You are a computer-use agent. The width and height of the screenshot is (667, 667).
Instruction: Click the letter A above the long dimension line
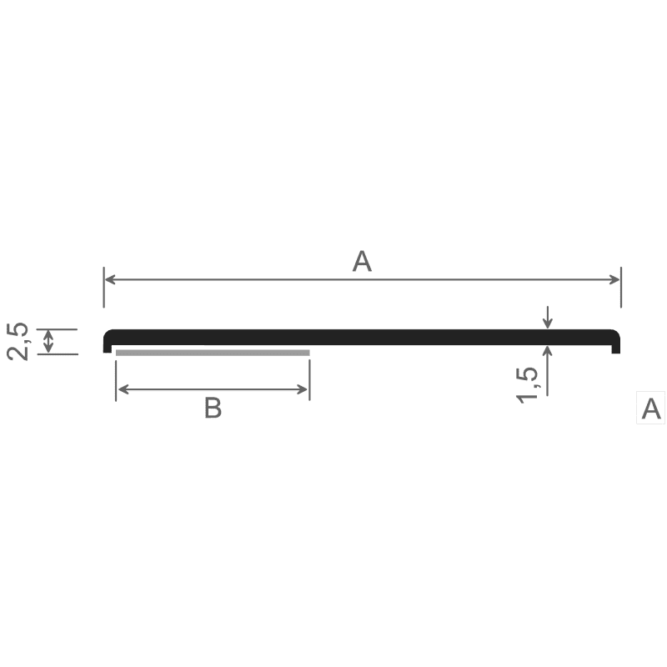coord(362,261)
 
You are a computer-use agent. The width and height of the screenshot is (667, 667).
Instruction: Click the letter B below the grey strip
coord(213,408)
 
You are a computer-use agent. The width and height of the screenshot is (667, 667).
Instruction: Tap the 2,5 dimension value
coord(18,342)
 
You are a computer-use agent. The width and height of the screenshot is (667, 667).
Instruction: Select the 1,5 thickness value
coord(527,385)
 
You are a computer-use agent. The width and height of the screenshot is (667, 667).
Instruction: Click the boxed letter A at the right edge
coord(651,409)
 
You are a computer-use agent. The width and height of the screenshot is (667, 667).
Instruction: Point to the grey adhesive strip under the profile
coord(213,353)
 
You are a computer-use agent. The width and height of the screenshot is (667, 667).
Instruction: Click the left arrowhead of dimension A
coord(110,279)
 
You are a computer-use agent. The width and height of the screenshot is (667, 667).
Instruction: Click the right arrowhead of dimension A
coord(614,279)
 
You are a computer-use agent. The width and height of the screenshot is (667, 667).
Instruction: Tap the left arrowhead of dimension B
coord(123,389)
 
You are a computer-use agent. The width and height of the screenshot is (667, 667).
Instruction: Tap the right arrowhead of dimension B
coord(302,389)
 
